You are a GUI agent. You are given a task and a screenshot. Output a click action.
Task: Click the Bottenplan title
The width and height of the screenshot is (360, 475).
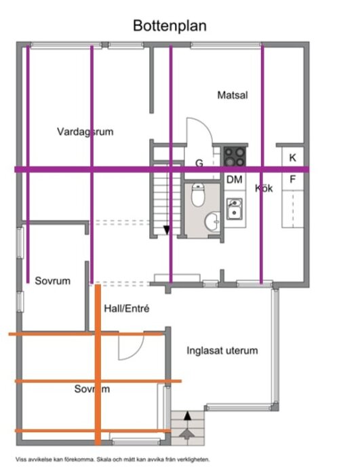(x=170, y=25)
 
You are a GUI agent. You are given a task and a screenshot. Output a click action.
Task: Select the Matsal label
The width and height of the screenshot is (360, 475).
(x=232, y=95)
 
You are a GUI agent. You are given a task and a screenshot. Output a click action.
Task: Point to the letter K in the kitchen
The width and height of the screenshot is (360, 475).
(x=293, y=158)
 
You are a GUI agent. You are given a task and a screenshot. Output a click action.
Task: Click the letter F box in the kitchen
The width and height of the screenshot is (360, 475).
(x=293, y=180)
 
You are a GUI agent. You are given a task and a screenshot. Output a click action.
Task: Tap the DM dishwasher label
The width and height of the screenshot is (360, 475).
(x=235, y=180)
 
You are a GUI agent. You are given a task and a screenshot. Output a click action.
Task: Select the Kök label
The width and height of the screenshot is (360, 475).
(x=264, y=189)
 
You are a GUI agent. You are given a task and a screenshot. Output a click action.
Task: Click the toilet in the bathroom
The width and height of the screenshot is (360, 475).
(x=198, y=195)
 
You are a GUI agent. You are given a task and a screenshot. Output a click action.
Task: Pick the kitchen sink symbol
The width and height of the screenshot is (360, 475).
(x=235, y=208)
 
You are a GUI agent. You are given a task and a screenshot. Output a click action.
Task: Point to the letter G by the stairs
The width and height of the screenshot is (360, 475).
(x=199, y=164)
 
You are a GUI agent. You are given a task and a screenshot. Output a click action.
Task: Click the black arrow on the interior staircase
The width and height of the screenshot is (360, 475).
(x=167, y=229)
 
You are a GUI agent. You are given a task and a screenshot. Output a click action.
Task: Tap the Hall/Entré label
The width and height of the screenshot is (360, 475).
(x=126, y=309)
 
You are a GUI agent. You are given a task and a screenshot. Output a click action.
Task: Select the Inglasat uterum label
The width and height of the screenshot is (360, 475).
(x=222, y=351)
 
